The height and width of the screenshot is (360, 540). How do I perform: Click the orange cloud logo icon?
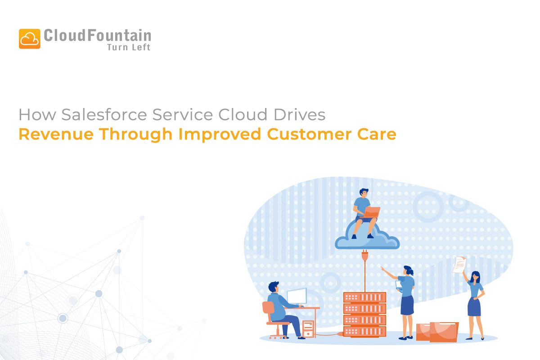(30, 39)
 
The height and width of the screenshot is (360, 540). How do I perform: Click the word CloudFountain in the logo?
(97, 36)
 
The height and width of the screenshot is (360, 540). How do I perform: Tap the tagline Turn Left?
(128, 47)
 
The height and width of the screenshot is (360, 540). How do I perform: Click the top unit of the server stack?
(365, 297)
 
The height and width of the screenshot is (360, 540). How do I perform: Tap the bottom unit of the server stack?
(365, 331)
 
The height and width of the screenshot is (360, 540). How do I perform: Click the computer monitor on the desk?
(297, 296)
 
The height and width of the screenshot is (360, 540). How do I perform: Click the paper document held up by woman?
(459, 264)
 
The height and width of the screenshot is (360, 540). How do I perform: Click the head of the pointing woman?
(408, 270)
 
